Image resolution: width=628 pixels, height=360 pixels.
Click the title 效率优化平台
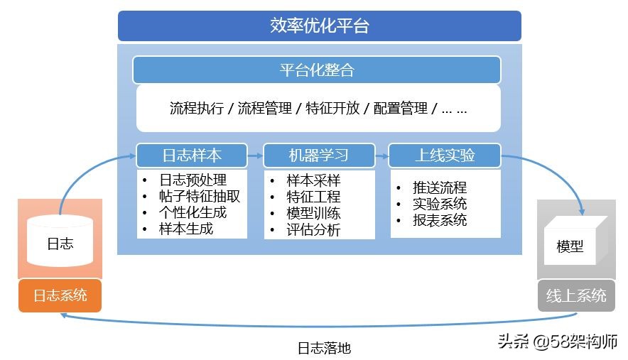tap(319, 27)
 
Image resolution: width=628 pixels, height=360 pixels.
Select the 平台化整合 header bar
tap(317, 70)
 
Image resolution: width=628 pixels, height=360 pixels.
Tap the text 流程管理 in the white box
tap(264, 109)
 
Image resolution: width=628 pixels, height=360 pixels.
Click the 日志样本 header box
tap(192, 156)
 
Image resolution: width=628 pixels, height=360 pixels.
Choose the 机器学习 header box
tap(318, 156)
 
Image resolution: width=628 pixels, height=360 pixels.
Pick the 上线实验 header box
tap(445, 156)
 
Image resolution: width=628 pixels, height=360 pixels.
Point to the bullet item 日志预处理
tap(193, 180)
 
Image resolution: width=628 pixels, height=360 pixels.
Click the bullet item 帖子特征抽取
tap(200, 197)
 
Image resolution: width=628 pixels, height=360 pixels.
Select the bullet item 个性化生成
tap(193, 212)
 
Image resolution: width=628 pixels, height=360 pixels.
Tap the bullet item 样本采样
tap(313, 180)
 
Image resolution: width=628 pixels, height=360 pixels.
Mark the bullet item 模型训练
tap(313, 213)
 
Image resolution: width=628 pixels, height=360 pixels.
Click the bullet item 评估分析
tap(313, 229)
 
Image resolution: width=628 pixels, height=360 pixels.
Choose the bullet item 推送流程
tap(440, 187)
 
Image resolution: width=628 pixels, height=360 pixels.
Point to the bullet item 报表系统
tap(440, 220)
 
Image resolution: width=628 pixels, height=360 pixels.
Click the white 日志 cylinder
tap(60, 241)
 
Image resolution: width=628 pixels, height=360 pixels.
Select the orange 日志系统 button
tap(60, 295)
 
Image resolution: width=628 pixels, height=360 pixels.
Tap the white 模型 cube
tap(570, 246)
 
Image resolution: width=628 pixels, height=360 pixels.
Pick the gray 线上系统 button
tap(575, 295)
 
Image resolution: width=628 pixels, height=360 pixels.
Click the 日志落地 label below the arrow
tap(324, 348)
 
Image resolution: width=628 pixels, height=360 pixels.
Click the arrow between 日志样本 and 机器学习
tap(255, 156)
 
